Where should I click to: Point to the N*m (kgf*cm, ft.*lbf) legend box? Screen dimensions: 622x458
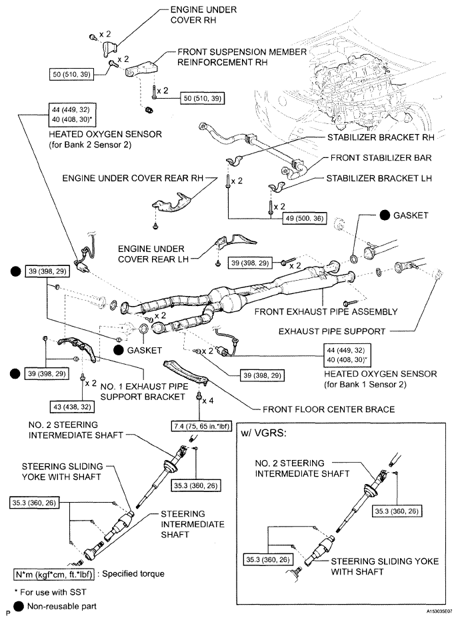pyautogui.click(x=55, y=573)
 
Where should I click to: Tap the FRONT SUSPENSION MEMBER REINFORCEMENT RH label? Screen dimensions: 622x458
pyautogui.click(x=242, y=57)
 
